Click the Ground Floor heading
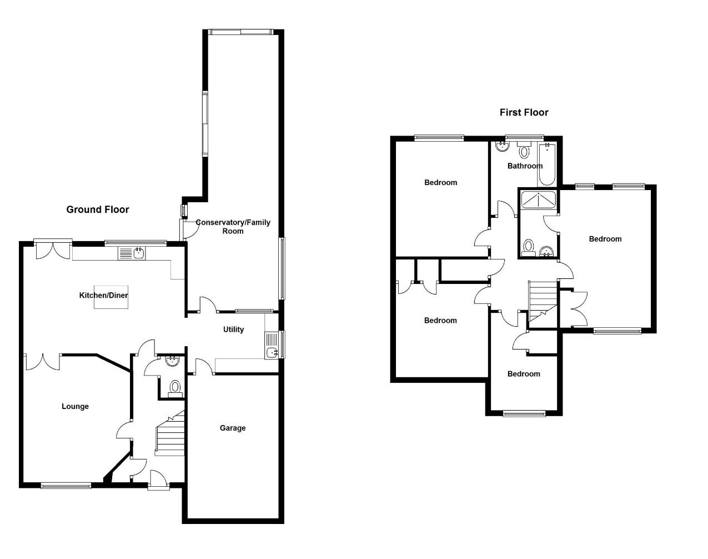tap(98, 209)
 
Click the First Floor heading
tap(524, 112)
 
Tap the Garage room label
tap(233, 428)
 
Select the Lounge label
tap(75, 406)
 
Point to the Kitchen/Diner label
tap(103, 295)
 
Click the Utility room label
tap(233, 330)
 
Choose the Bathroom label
tap(525, 166)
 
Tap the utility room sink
tap(272, 352)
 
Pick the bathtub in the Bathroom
tap(546, 164)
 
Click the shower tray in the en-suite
tap(538, 200)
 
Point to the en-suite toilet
tap(529, 246)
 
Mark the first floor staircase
tap(541, 300)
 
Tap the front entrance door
tap(158, 479)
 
